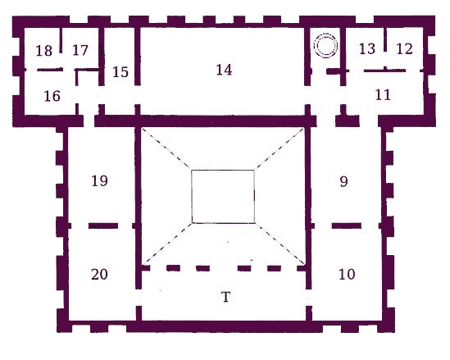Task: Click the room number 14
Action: [x=224, y=70]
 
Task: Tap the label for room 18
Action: [x=44, y=51]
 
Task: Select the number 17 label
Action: [x=80, y=50]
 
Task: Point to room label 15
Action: [x=120, y=72]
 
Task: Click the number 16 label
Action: [x=52, y=96]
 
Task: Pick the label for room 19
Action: [x=99, y=181]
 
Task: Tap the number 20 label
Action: [x=99, y=274]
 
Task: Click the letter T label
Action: [x=226, y=297]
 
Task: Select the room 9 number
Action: [x=343, y=181]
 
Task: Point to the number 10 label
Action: [x=347, y=274]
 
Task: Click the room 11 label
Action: [x=383, y=95]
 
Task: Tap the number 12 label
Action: [x=404, y=49]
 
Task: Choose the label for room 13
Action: [x=367, y=49]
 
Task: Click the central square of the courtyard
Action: [x=223, y=171]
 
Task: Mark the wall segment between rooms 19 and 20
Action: [x=103, y=226]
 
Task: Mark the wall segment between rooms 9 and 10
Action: [x=347, y=226]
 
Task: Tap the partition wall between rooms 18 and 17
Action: [x=61, y=40]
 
